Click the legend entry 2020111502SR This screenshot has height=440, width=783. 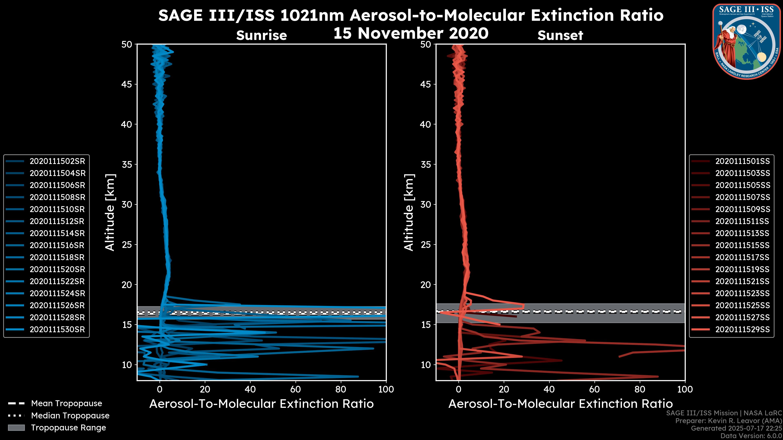[x=57, y=161]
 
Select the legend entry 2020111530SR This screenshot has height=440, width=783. [x=57, y=329]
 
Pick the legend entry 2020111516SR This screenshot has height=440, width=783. [x=57, y=245]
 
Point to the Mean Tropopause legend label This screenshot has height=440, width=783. [x=66, y=404]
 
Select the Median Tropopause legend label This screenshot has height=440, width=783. [x=70, y=416]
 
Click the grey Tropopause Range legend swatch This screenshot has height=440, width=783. [x=16, y=428]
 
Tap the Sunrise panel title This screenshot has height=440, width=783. [x=261, y=35]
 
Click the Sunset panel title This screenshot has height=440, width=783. [x=560, y=35]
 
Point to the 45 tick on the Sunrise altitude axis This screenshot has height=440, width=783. [x=127, y=84]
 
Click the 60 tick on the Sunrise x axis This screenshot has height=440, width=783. [x=295, y=389]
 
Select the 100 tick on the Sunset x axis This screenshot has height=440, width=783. [x=685, y=389]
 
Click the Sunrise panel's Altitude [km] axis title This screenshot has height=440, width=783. [x=110, y=212]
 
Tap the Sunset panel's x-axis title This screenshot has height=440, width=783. [x=560, y=404]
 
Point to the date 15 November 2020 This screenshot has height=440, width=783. [x=411, y=33]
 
